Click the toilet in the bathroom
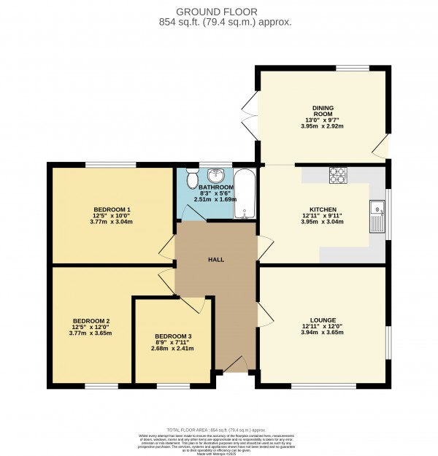point(192,177)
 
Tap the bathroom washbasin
point(215,176)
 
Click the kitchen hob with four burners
point(339,175)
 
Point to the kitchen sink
point(377,215)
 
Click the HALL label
point(216,259)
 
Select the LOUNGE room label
point(323,320)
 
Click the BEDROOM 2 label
point(91,321)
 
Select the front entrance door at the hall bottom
point(234,365)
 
